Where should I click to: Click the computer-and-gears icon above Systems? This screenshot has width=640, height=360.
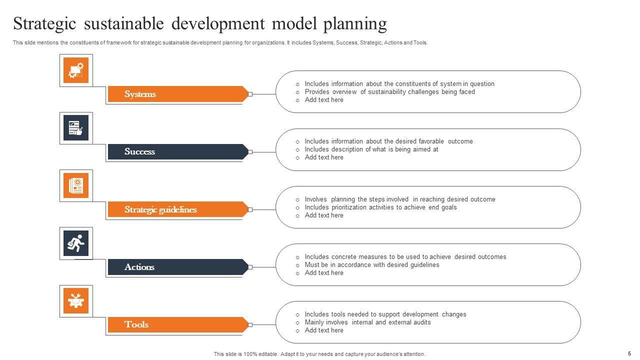point(76,70)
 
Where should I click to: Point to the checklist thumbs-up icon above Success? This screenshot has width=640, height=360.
point(76,128)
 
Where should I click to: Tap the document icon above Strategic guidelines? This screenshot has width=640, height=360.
point(76,185)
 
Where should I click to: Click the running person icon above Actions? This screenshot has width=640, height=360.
point(76,243)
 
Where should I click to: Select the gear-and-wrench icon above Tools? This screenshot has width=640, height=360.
point(76,300)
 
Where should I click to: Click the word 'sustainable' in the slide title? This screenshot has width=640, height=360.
point(123,23)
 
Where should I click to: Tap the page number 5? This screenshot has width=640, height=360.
point(629,353)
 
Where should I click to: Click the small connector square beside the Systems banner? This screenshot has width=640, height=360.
point(250,94)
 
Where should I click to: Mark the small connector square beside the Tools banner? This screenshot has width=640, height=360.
point(250,325)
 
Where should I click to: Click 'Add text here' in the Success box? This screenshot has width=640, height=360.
point(324,157)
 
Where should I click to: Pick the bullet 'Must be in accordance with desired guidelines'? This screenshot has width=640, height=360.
point(372,265)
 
